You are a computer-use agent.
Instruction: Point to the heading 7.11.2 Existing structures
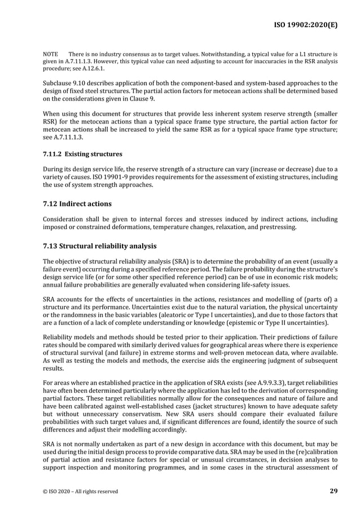click(82, 153)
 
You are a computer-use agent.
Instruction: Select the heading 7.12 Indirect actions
click(77, 203)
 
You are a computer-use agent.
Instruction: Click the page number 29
click(333, 490)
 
